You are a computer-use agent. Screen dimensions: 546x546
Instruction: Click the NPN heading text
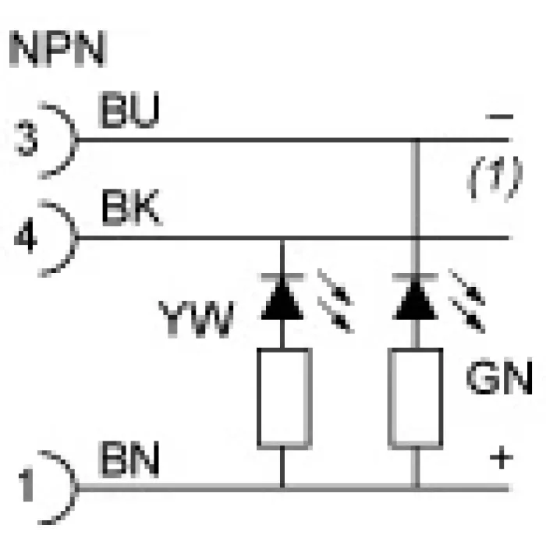pyautogui.click(x=58, y=48)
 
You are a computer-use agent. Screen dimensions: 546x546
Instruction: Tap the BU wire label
pyautogui.click(x=129, y=110)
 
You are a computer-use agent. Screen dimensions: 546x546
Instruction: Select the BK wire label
pyautogui.click(x=132, y=207)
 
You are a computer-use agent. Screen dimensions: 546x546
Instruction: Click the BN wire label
pyautogui.click(x=129, y=459)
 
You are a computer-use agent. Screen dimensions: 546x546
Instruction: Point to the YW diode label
pyautogui.click(x=196, y=319)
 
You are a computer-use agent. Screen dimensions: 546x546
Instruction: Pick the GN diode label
pyautogui.click(x=499, y=377)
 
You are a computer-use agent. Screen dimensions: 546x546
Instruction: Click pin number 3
pyautogui.click(x=26, y=138)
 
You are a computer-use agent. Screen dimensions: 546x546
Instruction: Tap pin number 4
pyautogui.click(x=25, y=236)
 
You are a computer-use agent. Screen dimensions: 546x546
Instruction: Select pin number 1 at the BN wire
pyautogui.click(x=27, y=484)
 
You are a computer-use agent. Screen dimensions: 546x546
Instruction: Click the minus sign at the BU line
pyautogui.click(x=500, y=116)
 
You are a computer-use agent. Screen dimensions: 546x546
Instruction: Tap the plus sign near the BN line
pyautogui.click(x=502, y=457)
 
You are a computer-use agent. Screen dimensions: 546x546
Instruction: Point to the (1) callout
pyautogui.click(x=495, y=179)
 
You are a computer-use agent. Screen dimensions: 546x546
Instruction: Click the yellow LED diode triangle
pyautogui.click(x=282, y=300)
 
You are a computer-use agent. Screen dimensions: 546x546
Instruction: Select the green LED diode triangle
pyautogui.click(x=415, y=300)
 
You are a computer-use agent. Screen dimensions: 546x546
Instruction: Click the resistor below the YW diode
pyautogui.click(x=284, y=399)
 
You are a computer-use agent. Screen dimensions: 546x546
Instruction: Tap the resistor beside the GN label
pyautogui.click(x=416, y=399)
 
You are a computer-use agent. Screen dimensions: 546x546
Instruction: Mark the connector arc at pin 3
pyautogui.click(x=74, y=140)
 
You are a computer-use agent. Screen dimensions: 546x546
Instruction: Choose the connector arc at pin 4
pyautogui.click(x=74, y=238)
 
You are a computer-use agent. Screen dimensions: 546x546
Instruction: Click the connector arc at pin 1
pyautogui.click(x=74, y=487)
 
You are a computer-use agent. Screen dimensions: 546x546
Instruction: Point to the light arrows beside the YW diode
pyautogui.click(x=335, y=300)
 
